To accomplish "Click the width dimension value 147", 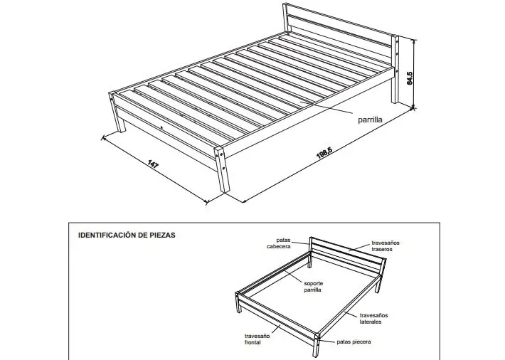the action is pos(153,164).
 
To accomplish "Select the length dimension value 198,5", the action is pos(324,152).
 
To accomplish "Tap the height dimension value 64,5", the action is pos(410,78).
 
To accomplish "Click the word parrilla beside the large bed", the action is pos(370,120).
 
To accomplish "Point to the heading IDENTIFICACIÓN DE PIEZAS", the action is pos(127,235).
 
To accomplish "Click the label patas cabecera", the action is pos(279,243).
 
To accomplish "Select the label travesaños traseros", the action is pos(386,246).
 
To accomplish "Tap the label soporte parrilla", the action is pos(314,287).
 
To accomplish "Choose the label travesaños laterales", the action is pos(373,319).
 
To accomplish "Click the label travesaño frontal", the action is pos(257,339).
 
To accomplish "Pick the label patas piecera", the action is pos(353,342).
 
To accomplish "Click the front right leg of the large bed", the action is pos(222,170).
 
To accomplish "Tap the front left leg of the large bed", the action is pos(117,112).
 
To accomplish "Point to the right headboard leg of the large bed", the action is pos(395,68).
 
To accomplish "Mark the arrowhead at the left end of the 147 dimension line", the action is pos(102,138).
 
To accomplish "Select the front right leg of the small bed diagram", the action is pos(317,345).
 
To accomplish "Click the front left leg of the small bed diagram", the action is pos(238,302).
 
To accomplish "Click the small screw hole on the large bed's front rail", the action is pos(161,127).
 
